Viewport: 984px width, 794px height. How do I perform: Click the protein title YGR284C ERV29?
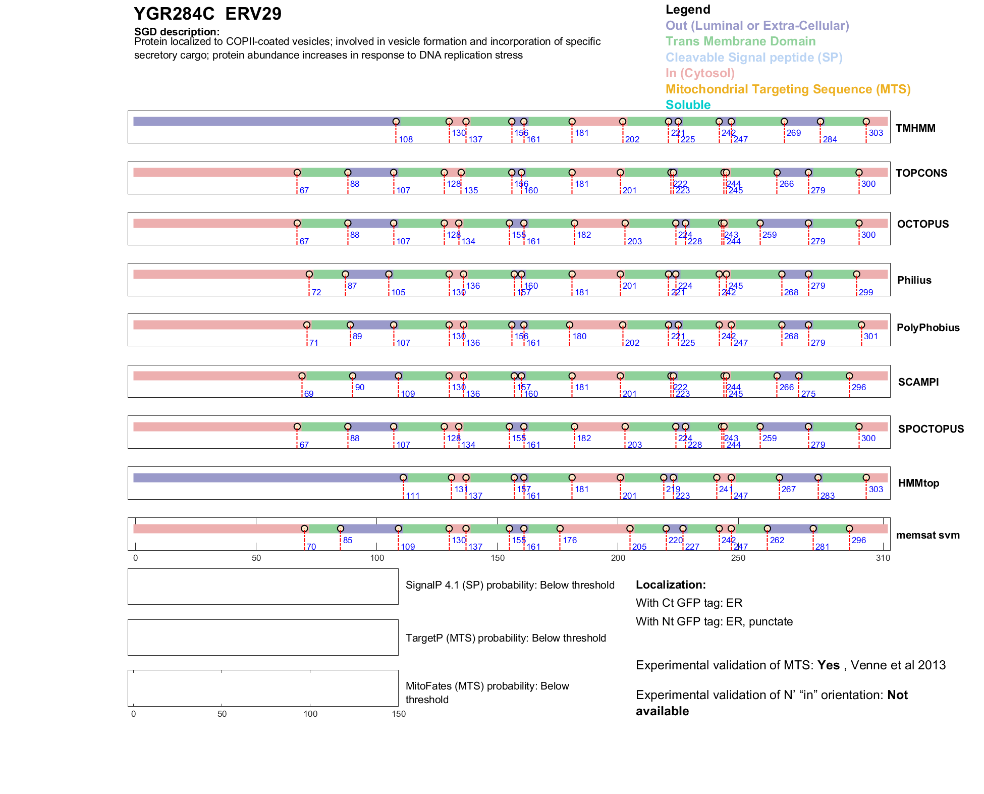207,14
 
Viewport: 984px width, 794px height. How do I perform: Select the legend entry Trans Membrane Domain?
740,41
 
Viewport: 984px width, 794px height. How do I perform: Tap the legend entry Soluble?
688,105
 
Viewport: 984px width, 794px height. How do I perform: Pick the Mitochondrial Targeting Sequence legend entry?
788,89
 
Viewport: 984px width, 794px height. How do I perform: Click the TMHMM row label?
915,128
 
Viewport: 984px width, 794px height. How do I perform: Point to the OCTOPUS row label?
922,224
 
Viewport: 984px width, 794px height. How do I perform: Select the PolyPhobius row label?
927,328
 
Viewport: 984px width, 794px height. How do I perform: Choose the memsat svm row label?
927,535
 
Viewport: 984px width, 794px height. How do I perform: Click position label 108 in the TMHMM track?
406,140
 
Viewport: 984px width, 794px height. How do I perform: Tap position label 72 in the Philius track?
316,293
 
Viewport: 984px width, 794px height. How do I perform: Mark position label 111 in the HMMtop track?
413,496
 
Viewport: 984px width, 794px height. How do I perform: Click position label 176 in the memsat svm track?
570,541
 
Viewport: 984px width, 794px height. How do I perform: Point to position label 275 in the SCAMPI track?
808,394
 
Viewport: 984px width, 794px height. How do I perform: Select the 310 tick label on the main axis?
883,558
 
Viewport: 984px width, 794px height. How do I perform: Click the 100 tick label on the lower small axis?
310,714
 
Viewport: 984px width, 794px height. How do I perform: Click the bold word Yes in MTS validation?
828,665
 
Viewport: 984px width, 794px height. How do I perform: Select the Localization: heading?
671,585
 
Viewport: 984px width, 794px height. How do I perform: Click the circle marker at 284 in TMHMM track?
821,122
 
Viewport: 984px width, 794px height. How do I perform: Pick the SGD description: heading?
177,32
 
